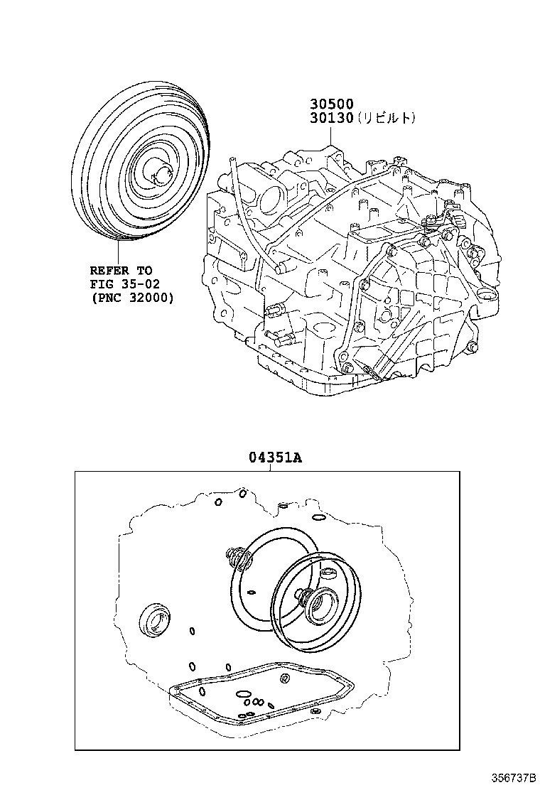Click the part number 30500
331,104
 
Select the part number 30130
331,119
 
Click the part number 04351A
275,458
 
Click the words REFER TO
121,271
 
